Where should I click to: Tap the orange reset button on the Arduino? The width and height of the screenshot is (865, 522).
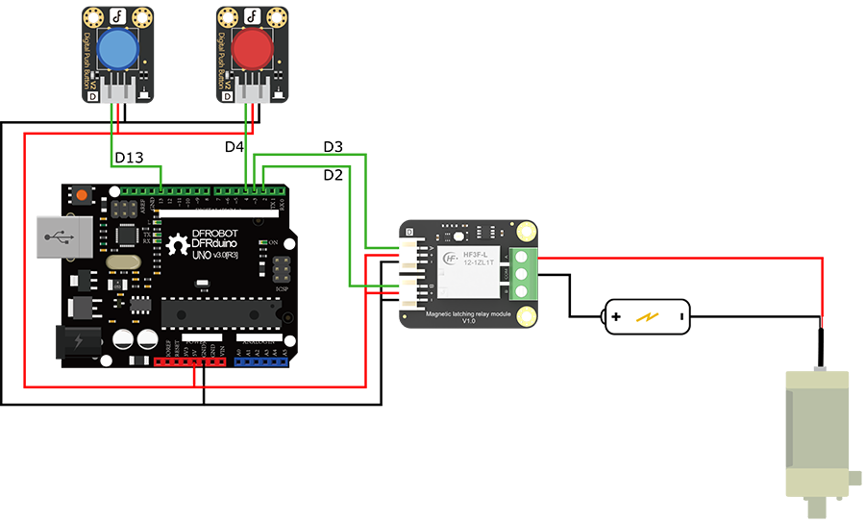(83, 195)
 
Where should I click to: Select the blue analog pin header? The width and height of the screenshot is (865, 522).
(260, 362)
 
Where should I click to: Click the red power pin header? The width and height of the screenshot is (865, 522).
(189, 362)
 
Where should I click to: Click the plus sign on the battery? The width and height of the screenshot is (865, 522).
(616, 315)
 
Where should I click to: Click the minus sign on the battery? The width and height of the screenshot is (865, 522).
(680, 315)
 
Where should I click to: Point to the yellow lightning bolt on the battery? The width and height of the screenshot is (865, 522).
(649, 315)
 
